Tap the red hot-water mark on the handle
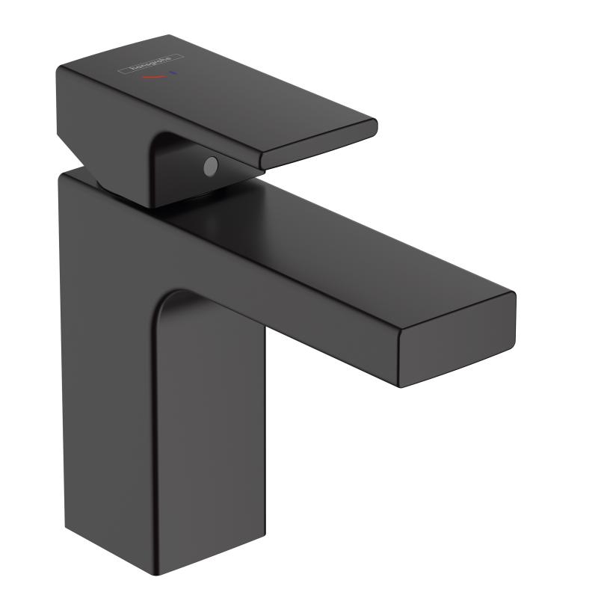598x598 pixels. pos(155,77)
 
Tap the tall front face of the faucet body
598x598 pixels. pos(209,419)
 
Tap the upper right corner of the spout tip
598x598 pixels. pos(515,293)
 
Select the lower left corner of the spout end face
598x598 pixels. pos(401,386)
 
